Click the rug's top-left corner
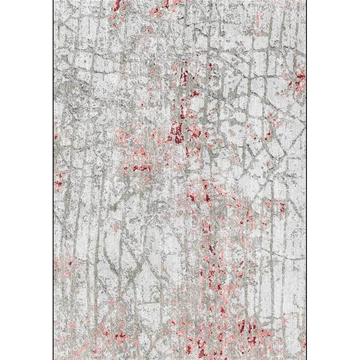point(54,1)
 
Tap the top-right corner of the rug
point(306,1)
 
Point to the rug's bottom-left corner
point(54,359)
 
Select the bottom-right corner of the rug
point(306,359)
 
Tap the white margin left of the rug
point(27,180)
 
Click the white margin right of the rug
point(333,180)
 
